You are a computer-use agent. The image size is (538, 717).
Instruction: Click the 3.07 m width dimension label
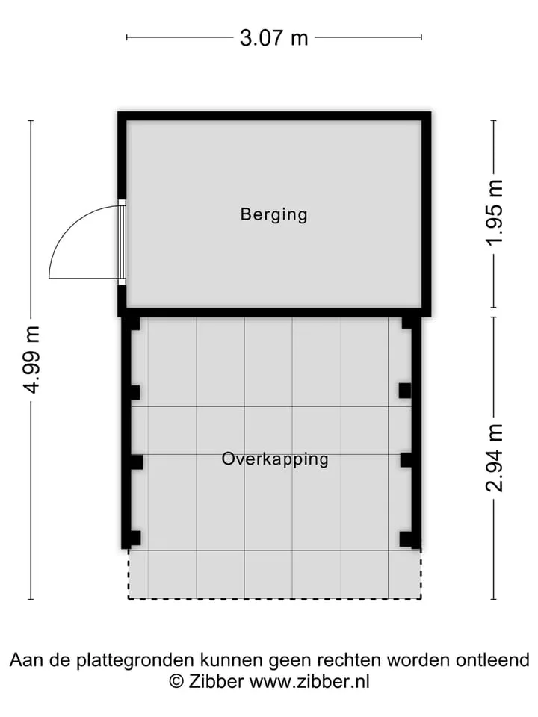pos(274,37)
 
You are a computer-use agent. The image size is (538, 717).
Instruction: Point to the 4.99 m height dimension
pos(32,359)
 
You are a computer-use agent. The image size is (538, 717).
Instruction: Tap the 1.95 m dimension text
pos(495,213)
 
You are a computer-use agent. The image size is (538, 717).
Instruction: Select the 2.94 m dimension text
pos(495,457)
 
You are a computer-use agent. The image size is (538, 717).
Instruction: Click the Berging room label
pos(273,214)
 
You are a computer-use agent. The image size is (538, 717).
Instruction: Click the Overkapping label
pos(275,459)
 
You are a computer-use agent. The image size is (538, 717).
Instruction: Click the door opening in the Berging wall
pos(122,242)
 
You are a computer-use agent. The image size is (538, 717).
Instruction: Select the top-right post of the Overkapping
pos(407,323)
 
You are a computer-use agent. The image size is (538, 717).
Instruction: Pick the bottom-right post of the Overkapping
pos(406,538)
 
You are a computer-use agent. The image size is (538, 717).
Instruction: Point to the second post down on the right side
pos(405,391)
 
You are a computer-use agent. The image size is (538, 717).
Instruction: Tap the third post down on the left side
pos(137,462)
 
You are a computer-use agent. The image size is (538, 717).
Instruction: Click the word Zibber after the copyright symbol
pos(216,681)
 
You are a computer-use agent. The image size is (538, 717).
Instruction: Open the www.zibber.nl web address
pos(309,681)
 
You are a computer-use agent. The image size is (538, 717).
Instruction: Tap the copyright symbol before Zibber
pos(176,681)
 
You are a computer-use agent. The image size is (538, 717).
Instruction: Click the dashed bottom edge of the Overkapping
pos(274,598)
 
